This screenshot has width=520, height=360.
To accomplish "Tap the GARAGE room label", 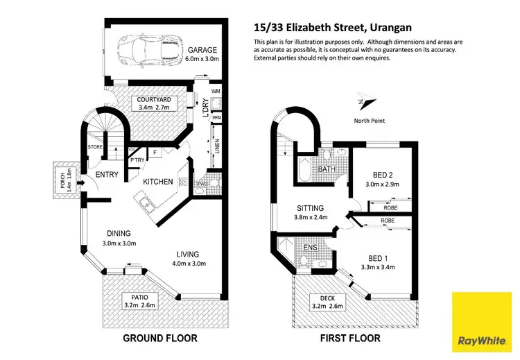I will point(202,50).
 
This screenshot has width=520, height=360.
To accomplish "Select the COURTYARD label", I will point(153,100).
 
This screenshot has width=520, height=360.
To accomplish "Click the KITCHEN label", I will point(158,182).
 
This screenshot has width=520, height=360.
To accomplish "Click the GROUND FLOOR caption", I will point(159,338).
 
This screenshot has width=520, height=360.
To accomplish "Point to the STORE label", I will point(96,146).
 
